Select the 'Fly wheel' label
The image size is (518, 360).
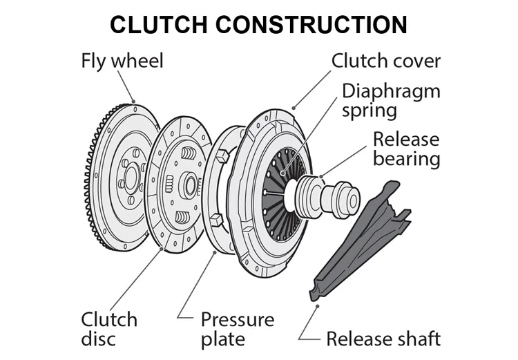[x=122, y=61]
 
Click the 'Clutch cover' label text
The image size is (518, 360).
[x=385, y=61]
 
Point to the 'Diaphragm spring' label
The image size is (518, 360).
[x=390, y=100]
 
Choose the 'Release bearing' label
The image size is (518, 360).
[x=406, y=148]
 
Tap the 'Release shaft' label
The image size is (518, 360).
[x=383, y=339]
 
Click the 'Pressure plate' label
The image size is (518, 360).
[x=237, y=329]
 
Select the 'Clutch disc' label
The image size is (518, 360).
[x=109, y=329]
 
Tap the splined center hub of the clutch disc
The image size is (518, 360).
[x=191, y=184]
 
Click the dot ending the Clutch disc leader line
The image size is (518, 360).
[x=161, y=245]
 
